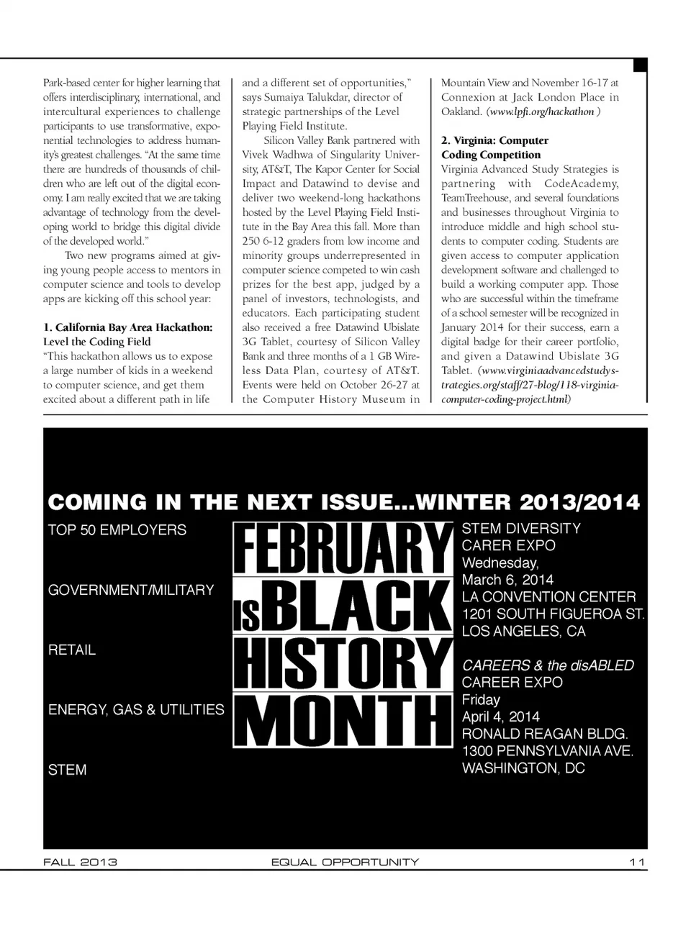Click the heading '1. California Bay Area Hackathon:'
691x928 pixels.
(x=127, y=327)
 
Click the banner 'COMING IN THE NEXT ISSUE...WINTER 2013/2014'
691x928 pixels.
(x=343, y=502)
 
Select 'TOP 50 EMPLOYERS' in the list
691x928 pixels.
(x=117, y=530)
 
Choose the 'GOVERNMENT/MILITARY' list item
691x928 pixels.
(x=131, y=590)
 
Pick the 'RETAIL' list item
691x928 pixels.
(x=71, y=650)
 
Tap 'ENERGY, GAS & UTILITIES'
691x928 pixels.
(x=136, y=710)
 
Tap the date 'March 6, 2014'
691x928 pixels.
(x=507, y=580)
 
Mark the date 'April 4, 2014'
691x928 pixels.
(x=500, y=717)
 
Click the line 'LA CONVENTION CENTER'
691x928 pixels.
(x=548, y=597)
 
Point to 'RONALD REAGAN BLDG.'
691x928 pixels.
(x=544, y=734)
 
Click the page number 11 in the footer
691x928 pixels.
(x=636, y=862)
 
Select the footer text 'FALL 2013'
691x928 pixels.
(x=80, y=862)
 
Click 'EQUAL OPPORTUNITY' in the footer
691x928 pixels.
(x=345, y=862)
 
